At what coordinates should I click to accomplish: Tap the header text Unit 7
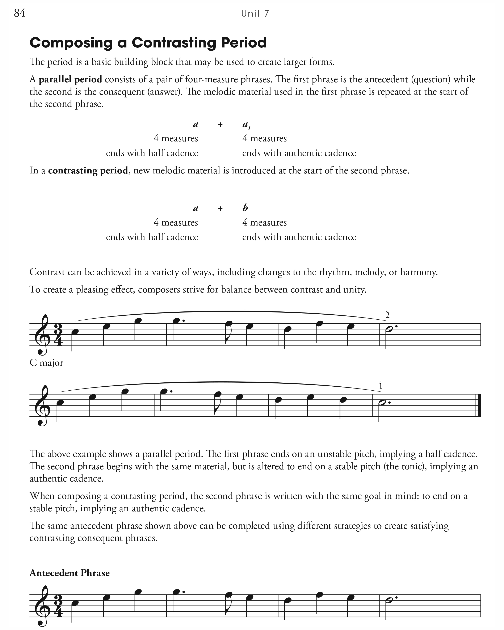[x=255, y=13]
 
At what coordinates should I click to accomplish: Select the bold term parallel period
[x=70, y=79]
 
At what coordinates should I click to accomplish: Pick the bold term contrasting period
[x=88, y=170]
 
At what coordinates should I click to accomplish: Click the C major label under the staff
[x=46, y=363]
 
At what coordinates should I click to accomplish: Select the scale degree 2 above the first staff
[x=387, y=315]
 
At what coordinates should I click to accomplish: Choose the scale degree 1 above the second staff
[x=380, y=386]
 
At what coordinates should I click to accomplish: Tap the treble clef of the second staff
[x=42, y=406]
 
